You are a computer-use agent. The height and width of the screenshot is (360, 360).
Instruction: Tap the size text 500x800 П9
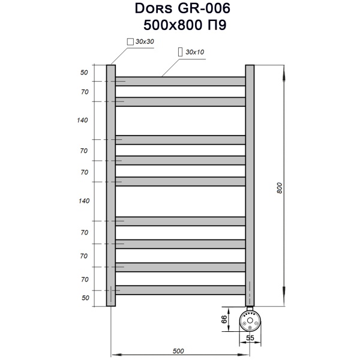coord(179,25)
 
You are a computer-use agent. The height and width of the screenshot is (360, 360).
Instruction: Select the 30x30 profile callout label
coord(145,41)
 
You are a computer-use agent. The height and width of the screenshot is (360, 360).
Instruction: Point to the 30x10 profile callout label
coord(195,52)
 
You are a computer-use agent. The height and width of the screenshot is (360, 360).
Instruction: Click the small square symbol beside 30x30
coord(130,41)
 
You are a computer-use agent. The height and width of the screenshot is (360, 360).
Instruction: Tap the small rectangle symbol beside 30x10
coord(181,52)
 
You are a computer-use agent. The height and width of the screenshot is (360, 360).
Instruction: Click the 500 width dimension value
coord(178,350)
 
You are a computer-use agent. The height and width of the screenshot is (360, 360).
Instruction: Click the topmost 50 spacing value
coord(84,73)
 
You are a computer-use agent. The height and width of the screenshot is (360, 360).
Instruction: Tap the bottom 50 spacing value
coord(85,297)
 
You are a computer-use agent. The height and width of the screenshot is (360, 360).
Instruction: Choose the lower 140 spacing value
coord(83,200)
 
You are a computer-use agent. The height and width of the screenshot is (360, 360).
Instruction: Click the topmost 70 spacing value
coord(85,92)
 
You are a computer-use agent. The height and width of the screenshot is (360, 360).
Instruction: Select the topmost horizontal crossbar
coord(180,81)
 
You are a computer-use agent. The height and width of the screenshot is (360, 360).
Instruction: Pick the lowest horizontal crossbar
coord(180,290)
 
